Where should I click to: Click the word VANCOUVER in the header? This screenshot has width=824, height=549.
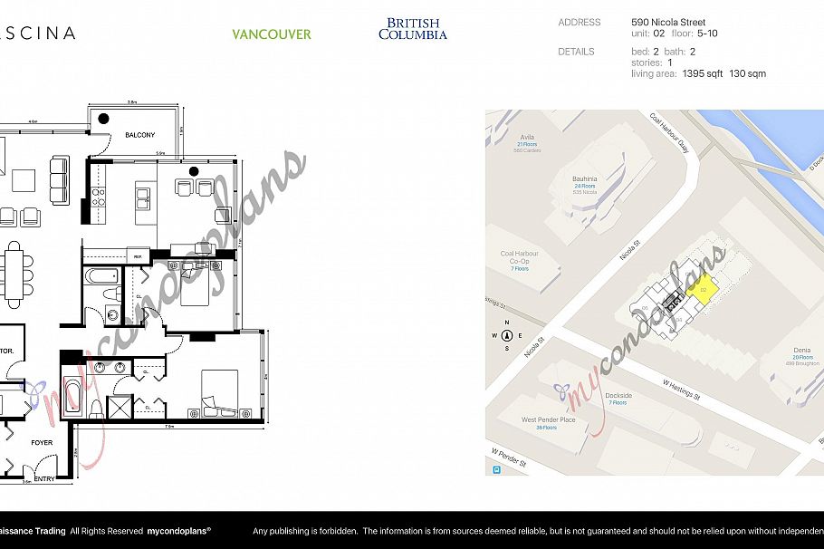(x=271, y=34)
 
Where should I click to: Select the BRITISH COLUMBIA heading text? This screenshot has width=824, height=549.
(x=413, y=29)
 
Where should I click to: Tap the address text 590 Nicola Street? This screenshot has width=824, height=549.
(x=667, y=23)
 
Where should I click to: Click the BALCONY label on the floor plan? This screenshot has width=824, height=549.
(x=139, y=135)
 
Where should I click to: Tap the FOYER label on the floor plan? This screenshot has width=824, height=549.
(x=42, y=443)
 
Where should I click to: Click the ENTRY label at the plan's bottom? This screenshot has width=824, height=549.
(x=44, y=478)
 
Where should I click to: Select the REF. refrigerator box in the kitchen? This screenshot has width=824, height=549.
(x=137, y=255)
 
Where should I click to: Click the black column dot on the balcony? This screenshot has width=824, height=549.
(x=104, y=118)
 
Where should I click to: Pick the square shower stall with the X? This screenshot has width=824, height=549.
(x=120, y=407)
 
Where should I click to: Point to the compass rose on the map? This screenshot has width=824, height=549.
(x=507, y=335)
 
